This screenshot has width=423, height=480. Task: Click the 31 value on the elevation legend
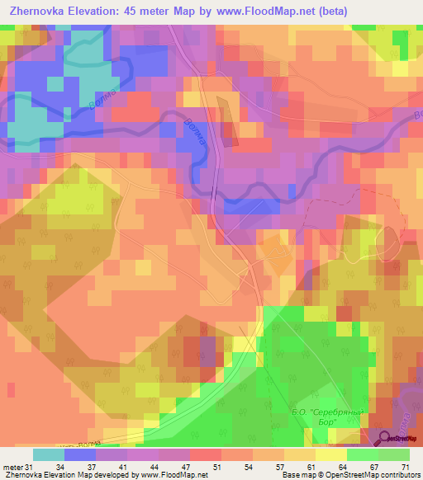[x=31, y=468]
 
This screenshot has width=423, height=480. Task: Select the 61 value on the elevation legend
[x=299, y=468]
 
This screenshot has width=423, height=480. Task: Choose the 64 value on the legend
[x=331, y=468]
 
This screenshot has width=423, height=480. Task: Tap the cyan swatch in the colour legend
[x=49, y=454]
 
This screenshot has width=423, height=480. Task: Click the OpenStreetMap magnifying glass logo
[x=383, y=439]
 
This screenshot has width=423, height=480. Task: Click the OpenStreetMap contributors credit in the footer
[x=373, y=476]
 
